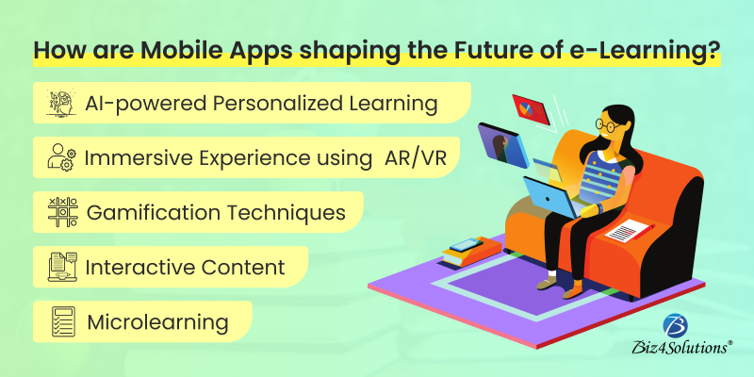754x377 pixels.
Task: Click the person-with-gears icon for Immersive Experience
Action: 61,157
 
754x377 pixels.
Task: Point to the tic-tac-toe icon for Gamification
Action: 62,212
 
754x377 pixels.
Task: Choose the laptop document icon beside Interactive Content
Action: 62,267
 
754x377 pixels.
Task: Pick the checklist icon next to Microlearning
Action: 62,321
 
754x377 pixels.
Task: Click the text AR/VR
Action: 416,158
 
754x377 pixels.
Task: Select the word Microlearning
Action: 157,322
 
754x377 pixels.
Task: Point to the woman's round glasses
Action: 608,125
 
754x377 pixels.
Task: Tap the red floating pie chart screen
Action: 531,107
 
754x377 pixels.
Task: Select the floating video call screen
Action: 503,145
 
